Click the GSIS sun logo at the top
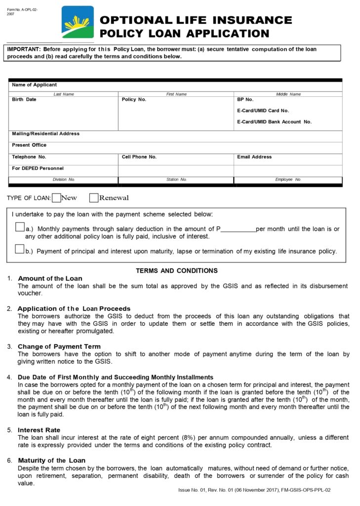pyautogui.click(x=78, y=22)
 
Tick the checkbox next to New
pyautogui.click(x=56, y=198)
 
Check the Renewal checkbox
pyautogui.click(x=94, y=198)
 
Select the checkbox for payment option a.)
pyautogui.click(x=20, y=227)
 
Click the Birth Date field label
pyautogui.click(x=24, y=99)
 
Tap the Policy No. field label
pyautogui.click(x=134, y=99)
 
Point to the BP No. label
pyautogui.click(x=245, y=99)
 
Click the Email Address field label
pyautogui.click(x=254, y=157)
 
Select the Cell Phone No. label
pyautogui.click(x=139, y=157)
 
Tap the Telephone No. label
pyautogui.click(x=29, y=157)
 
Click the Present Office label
pyautogui.click(x=29, y=145)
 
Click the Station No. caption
pyautogui.click(x=176, y=179)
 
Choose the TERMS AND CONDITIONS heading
pyautogui.click(x=177, y=271)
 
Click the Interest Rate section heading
pyautogui.click(x=39, y=430)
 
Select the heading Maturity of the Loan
pyautogui.click(x=51, y=461)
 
